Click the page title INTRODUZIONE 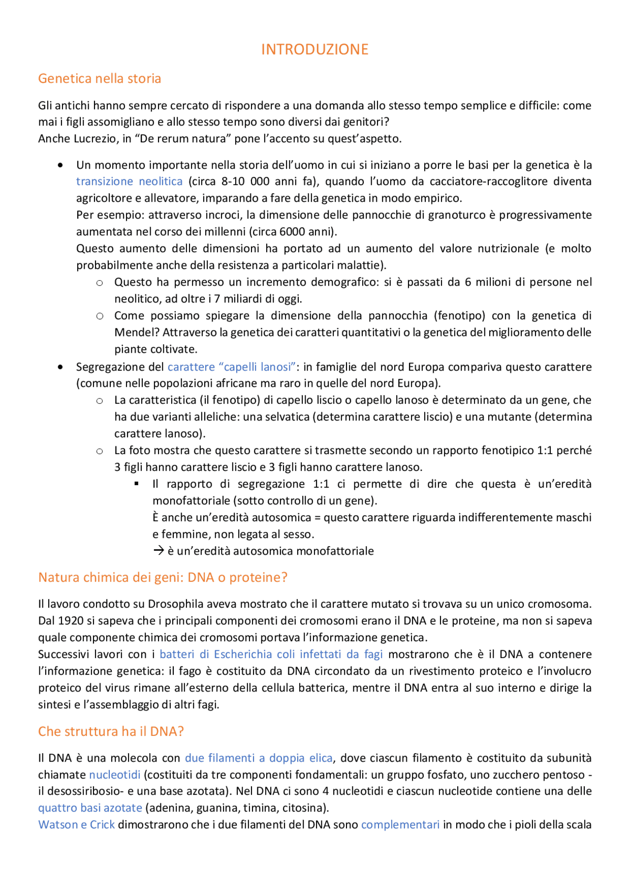click(x=315, y=49)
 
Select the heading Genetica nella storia click(x=99, y=78)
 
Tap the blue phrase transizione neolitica click(x=129, y=181)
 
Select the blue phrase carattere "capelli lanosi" click(x=231, y=367)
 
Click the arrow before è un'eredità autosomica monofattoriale click(x=158, y=551)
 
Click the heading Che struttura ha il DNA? click(x=111, y=731)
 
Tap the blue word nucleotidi click(x=115, y=775)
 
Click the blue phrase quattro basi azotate click(x=90, y=808)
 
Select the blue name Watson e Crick click(x=76, y=825)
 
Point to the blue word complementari click(x=400, y=825)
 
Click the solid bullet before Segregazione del click(x=60, y=367)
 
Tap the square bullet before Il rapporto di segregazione click(x=136, y=484)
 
